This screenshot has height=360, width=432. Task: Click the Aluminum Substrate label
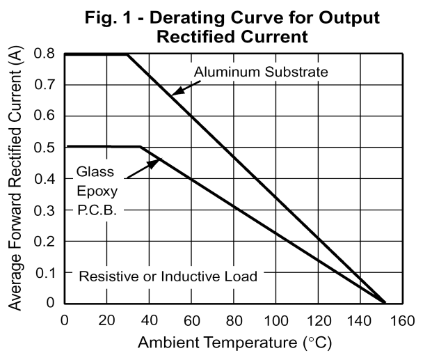[261, 72]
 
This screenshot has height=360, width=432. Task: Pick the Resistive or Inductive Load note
[168, 276]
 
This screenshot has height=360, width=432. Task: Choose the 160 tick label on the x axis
[402, 321]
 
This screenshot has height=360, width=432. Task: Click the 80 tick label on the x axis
[234, 321]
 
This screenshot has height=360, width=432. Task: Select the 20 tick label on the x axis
[106, 321]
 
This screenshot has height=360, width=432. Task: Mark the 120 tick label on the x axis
[318, 321]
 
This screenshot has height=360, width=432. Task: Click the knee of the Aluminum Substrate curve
[128, 54]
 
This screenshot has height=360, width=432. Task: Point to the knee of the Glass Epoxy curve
[140, 147]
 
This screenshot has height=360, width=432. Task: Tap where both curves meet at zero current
[385, 302]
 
